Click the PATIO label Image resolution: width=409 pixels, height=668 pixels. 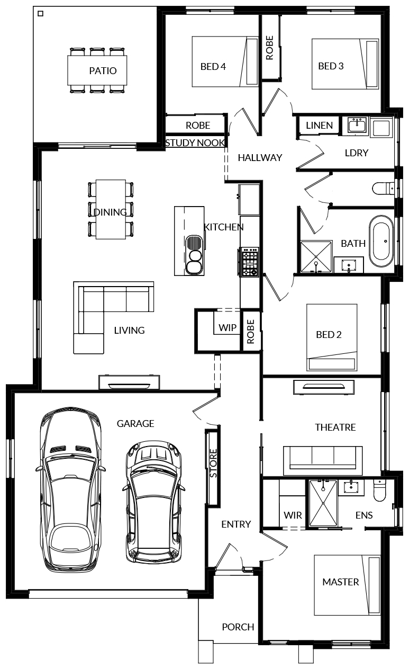tap(103, 70)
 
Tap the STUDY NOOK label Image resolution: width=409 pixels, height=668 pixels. tap(195, 143)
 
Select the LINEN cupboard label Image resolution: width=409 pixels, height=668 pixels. tap(320, 125)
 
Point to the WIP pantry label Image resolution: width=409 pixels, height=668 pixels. tap(228, 327)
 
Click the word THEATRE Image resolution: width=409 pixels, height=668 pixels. tap(335, 427)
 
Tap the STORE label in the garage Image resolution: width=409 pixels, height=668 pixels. tap(213, 463)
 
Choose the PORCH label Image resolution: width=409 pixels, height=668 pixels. tap(238, 627)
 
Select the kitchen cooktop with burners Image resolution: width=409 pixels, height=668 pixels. tap(250, 262)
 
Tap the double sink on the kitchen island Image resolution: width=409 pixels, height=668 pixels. tap(194, 255)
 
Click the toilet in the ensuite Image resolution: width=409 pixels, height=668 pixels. tap(379, 490)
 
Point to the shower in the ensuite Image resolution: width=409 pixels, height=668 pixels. tap(323, 503)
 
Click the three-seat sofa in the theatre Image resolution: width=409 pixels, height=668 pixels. tap(323, 460)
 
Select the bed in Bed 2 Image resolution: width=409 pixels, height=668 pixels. tap(332, 337)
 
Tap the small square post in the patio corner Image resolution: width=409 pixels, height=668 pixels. tap(41, 13)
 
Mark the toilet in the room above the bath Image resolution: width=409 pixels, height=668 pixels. tap(383, 189)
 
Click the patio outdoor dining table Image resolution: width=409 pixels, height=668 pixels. tap(97, 70)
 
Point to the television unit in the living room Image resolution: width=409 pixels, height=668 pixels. tap(129, 382)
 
